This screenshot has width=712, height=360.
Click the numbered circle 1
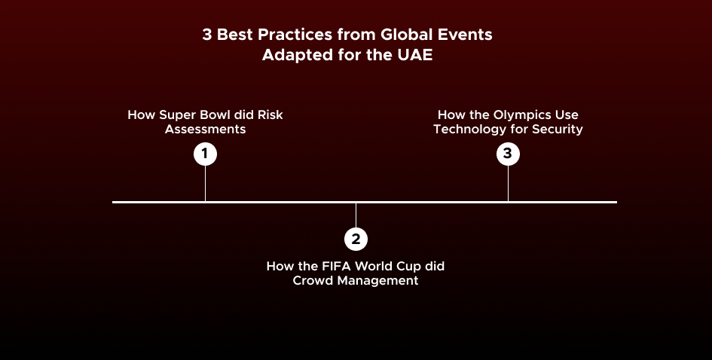pyautogui.click(x=205, y=154)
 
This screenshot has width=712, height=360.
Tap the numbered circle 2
pyautogui.click(x=356, y=239)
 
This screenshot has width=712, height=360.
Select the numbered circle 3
pyautogui.click(x=508, y=154)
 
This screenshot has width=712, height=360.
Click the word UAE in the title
pyautogui.click(x=414, y=55)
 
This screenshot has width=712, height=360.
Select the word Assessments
pyautogui.click(x=206, y=130)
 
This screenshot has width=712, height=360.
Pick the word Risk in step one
pyautogui.click(x=270, y=115)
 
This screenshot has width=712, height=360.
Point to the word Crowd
pyautogui.click(x=311, y=281)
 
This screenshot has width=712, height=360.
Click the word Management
pyautogui.click(x=375, y=281)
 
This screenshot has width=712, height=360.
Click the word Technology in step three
pyautogui.click(x=470, y=130)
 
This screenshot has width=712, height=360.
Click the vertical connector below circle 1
pyautogui.click(x=205, y=183)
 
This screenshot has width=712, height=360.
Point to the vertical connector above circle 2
pyautogui.click(x=356, y=215)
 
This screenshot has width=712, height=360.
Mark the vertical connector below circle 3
pyautogui.click(x=508, y=183)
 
